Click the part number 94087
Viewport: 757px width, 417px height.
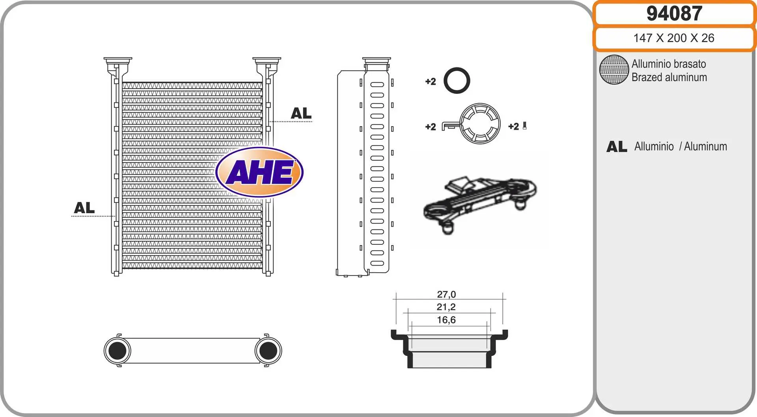click(674, 13)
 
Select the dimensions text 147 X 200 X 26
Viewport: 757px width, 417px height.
click(674, 38)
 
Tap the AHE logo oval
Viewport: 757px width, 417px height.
click(259, 172)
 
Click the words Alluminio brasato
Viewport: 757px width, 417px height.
click(669, 64)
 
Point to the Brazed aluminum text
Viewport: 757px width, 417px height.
click(669, 77)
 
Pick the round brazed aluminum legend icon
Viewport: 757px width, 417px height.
click(614, 70)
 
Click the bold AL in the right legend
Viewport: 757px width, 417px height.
click(617, 147)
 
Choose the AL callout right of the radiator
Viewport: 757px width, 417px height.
click(301, 114)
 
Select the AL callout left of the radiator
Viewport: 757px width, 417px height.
click(84, 208)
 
